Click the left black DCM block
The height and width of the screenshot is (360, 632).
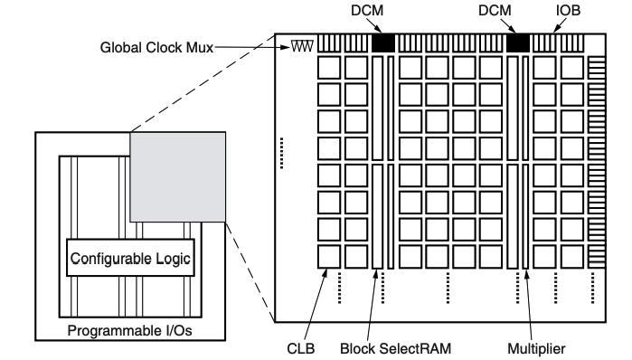(383, 43)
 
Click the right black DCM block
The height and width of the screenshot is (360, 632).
(518, 43)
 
